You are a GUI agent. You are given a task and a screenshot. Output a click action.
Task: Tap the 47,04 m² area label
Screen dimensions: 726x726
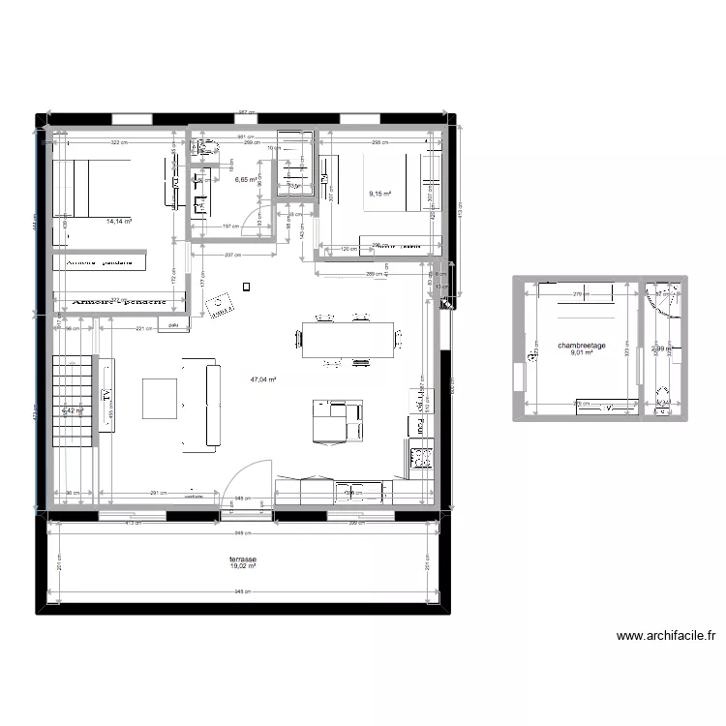point(263,380)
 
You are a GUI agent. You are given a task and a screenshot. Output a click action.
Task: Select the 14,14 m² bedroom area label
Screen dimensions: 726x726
point(118,221)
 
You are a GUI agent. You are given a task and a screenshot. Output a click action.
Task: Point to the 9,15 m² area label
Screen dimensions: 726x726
point(379,195)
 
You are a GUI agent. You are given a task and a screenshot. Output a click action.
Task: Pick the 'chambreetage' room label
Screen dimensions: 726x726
point(582,346)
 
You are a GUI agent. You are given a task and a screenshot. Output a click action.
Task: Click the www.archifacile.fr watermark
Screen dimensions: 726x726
point(665,636)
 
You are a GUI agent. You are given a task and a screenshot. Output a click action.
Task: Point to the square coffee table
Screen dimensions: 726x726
point(160,398)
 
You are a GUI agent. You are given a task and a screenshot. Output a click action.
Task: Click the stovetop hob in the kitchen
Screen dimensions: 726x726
point(422,456)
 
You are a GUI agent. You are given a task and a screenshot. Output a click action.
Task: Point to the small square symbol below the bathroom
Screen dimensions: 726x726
point(247,286)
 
